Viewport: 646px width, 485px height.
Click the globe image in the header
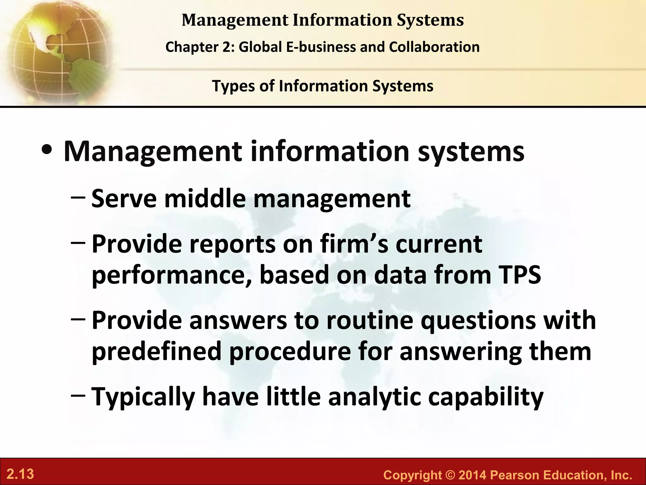57,52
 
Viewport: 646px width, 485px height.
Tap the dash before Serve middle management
78,197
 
